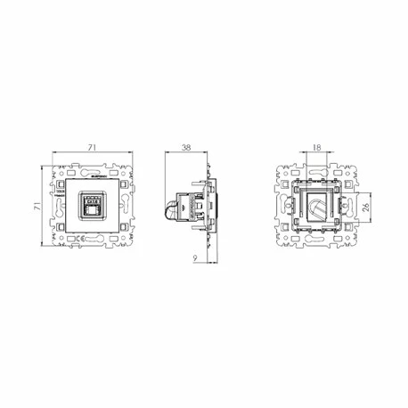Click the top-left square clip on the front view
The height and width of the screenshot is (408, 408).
61,184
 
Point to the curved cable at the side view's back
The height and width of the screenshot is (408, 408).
167,212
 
